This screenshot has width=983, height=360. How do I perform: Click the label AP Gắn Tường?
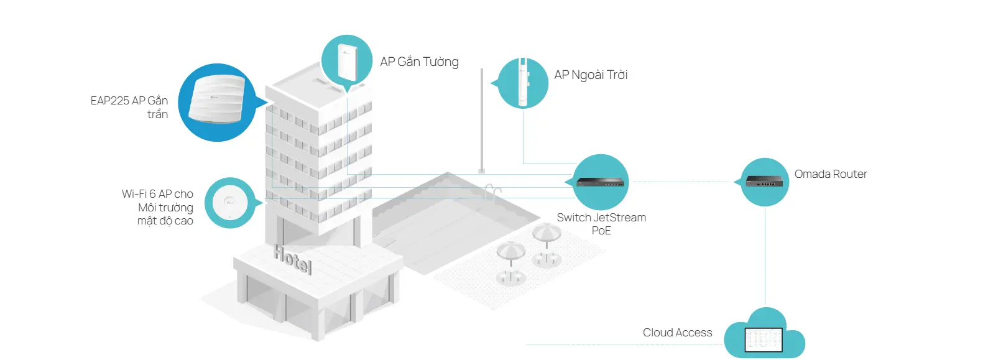tap(419, 62)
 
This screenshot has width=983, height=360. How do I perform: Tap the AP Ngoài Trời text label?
tap(591, 75)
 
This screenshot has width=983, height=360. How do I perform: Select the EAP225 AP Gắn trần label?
tap(129, 107)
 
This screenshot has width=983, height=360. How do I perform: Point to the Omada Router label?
tap(830, 174)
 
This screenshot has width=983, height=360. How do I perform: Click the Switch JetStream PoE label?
tap(601, 224)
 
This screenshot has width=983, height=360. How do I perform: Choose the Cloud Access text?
tap(677, 333)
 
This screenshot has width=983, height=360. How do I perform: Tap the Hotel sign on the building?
tap(293, 259)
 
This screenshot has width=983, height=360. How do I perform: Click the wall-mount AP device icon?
tap(346, 61)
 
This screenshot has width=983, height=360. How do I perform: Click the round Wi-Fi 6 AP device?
tap(229, 202)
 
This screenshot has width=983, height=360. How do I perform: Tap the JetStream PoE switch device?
tap(601, 182)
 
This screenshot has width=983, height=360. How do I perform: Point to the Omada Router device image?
tap(765, 181)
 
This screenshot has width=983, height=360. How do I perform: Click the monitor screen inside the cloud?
tap(764, 339)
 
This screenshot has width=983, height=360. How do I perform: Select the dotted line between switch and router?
tap(684, 182)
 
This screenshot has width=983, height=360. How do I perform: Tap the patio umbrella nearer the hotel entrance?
tap(510, 252)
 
